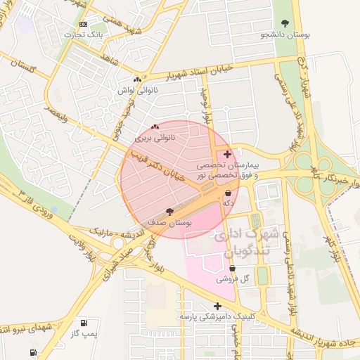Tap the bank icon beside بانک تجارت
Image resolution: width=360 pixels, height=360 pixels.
tap(84, 25)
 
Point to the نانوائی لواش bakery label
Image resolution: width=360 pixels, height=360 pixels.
tap(136, 90)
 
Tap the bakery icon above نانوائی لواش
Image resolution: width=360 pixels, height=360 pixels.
tap(137, 80)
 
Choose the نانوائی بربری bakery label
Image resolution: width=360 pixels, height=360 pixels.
tap(160, 138)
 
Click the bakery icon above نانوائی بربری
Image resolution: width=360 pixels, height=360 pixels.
tap(155, 127)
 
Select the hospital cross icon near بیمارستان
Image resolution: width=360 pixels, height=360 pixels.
tap(226, 153)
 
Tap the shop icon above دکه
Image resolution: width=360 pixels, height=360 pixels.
tap(229, 193)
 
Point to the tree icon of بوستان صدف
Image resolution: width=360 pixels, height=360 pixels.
tap(169, 211)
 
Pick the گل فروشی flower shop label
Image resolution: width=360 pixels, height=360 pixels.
tap(233, 279)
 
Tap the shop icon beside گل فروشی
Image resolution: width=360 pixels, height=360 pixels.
tap(232, 269)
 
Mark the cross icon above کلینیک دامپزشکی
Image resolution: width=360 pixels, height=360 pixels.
tap(217, 306)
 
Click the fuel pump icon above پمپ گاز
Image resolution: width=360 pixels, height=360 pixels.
tap(85, 323)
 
